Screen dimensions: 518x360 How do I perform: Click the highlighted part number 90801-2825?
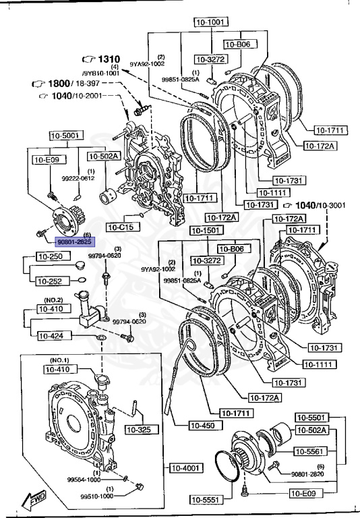click(74, 241)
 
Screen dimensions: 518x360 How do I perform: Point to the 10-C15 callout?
click(121, 227)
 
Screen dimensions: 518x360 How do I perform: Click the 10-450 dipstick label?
click(204, 426)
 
